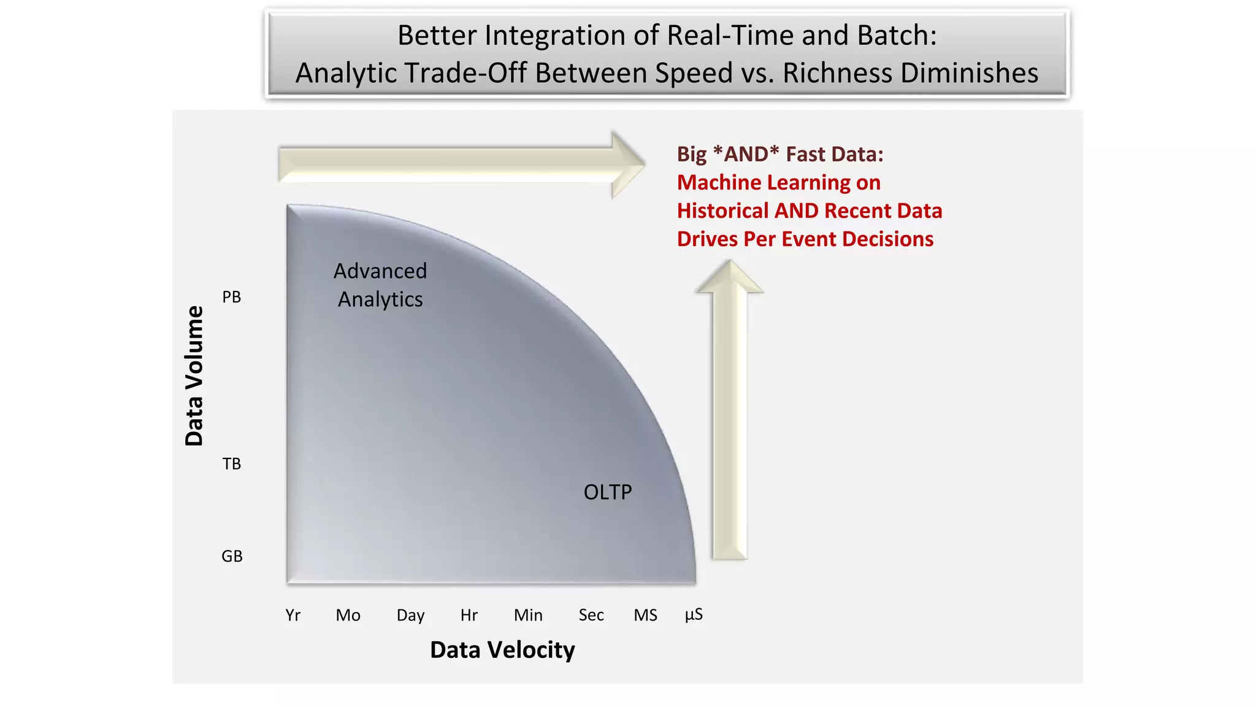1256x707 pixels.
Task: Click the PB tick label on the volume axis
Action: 232,297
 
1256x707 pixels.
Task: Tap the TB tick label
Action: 232,464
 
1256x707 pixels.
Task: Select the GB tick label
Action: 232,556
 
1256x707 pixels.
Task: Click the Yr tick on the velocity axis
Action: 293,615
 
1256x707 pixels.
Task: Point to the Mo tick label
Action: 348,615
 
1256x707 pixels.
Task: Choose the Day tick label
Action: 410,615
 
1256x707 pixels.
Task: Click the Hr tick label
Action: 469,615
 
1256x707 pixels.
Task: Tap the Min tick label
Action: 528,615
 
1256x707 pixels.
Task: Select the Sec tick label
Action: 591,615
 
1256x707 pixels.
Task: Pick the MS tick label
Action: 645,615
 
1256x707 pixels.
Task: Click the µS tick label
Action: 694,615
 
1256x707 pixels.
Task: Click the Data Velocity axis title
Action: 502,650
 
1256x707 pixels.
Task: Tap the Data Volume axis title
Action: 194,376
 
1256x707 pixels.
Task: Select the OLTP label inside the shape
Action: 607,492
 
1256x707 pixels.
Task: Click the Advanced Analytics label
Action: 380,285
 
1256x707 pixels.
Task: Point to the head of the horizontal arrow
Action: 627,164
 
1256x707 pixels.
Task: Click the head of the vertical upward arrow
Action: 729,278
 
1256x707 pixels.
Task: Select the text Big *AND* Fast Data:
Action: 780,154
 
